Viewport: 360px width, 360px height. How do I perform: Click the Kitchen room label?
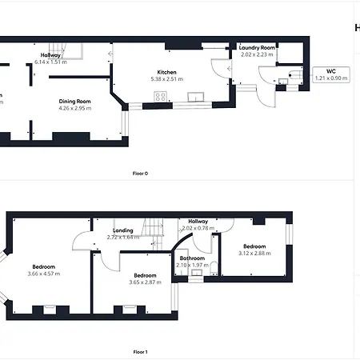[166, 72]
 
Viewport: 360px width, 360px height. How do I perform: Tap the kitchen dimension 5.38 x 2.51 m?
[166, 78]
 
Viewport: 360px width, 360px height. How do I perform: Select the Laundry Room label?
[258, 48]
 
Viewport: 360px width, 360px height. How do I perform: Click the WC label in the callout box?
[330, 71]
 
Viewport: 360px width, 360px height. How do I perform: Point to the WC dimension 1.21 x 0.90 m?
[330, 78]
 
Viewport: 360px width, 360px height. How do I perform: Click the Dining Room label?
[74, 102]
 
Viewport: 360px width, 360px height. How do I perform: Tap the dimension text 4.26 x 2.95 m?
[74, 108]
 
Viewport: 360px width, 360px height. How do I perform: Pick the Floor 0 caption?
[140, 173]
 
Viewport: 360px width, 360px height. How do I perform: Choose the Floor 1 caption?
[140, 351]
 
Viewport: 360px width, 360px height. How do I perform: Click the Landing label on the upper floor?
[122, 231]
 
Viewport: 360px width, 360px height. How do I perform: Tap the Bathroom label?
[192, 258]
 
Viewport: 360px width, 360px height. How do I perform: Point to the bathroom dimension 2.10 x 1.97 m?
[192, 265]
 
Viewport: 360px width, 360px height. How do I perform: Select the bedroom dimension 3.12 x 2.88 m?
[255, 253]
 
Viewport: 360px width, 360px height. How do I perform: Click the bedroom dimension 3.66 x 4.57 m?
[44, 274]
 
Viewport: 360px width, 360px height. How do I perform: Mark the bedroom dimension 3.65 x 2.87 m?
[144, 282]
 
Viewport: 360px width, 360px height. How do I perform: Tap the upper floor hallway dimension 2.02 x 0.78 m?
[198, 228]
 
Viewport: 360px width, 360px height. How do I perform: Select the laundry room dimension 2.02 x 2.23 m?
[258, 54]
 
